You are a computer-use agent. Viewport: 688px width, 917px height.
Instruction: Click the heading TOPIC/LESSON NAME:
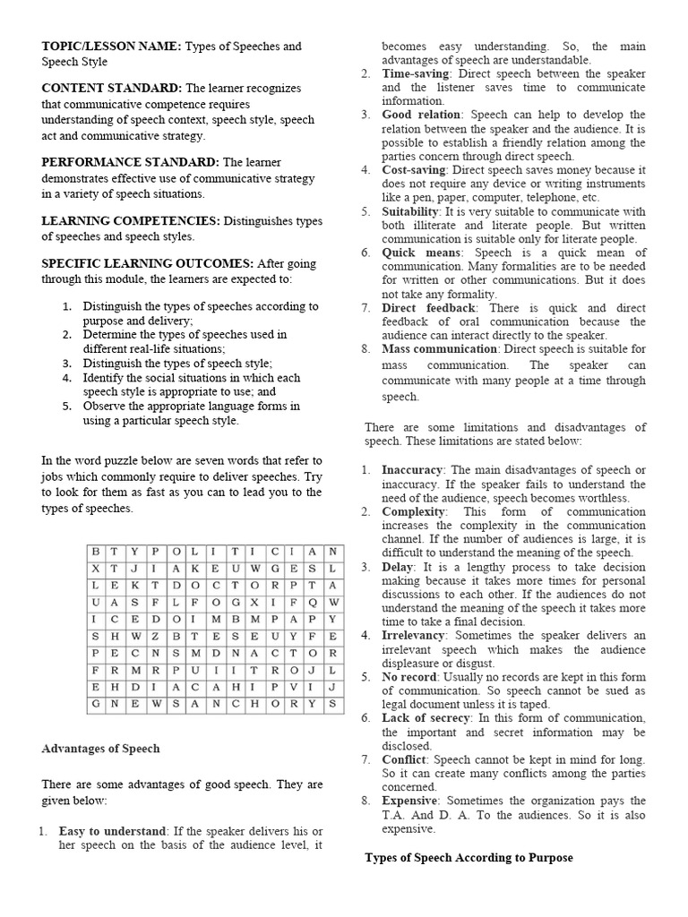111,47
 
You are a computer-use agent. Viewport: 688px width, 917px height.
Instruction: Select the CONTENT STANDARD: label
111,89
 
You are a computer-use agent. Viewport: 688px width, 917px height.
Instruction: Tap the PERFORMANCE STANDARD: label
130,162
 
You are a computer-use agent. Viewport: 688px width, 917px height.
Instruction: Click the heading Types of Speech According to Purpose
469,858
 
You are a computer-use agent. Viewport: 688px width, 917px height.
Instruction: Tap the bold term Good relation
422,116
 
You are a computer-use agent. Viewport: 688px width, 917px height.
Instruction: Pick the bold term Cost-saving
415,170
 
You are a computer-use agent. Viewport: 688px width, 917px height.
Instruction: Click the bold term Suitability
411,212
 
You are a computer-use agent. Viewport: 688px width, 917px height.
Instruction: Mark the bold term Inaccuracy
412,470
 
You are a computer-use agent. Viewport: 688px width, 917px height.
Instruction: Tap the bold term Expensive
409,801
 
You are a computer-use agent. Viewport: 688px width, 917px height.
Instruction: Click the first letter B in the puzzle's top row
95,553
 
